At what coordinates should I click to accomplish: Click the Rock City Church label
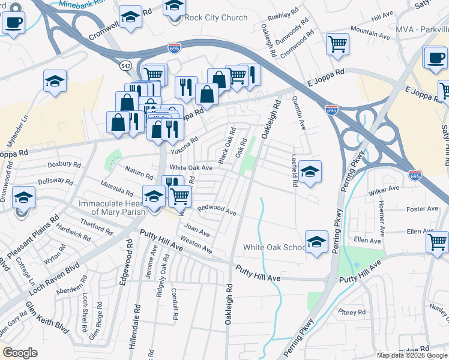pyautogui.click(x=216, y=17)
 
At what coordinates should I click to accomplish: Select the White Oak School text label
pyautogui.click(x=274, y=247)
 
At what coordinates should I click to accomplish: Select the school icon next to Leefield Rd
pyautogui.click(x=310, y=172)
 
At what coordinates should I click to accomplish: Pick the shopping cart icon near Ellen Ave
pyautogui.click(x=437, y=242)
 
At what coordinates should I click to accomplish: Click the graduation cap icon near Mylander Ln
pyautogui.click(x=55, y=81)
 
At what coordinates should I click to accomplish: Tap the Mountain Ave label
pyautogui.click(x=367, y=30)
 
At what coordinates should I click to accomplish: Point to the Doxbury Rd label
pyautogui.click(x=64, y=164)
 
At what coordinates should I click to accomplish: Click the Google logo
pyautogui.click(x=20, y=353)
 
